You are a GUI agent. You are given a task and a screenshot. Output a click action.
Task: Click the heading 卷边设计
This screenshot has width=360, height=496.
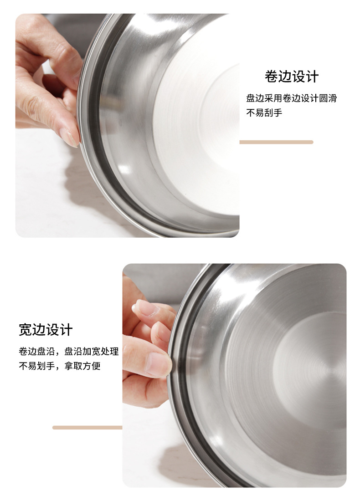[x=291, y=76]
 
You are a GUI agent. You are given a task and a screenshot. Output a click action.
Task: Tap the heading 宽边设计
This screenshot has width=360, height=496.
[x=46, y=329]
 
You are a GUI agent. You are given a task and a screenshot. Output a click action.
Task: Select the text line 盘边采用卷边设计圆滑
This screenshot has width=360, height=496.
[x=291, y=98]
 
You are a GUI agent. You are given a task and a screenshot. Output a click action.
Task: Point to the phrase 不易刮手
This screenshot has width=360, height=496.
[x=264, y=112]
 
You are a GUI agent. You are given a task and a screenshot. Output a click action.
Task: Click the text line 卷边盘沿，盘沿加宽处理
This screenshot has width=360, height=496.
[x=68, y=351]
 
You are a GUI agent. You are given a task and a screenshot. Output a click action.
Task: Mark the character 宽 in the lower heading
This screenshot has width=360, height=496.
[x=26, y=329]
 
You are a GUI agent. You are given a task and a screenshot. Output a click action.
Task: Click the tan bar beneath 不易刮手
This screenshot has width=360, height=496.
[x=276, y=142]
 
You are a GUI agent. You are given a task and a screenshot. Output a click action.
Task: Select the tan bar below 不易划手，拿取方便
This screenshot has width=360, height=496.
[x=87, y=427]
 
